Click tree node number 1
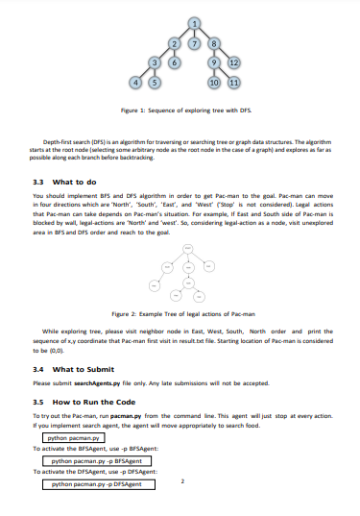[195, 22]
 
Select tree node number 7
[195, 43]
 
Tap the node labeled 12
[235, 63]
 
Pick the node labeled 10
[215, 84]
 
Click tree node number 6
[174, 63]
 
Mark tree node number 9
[215, 63]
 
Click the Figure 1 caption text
[180, 111]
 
